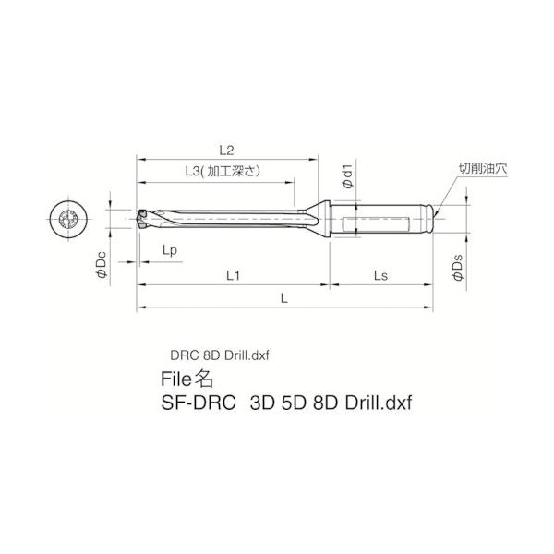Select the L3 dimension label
(193, 171)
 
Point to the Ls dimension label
(379, 276)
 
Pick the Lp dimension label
(170, 250)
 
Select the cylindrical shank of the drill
(388, 220)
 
